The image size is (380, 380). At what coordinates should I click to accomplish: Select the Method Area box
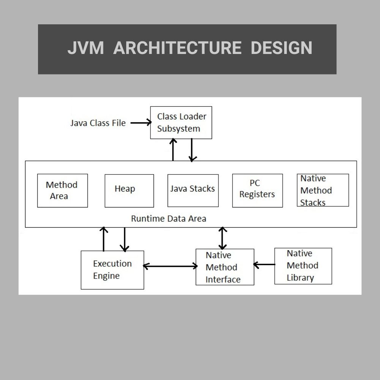click(x=62, y=190)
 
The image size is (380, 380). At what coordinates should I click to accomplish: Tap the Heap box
click(x=129, y=190)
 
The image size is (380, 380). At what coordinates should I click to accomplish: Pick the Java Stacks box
click(x=193, y=190)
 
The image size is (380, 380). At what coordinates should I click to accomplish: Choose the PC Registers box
click(x=257, y=190)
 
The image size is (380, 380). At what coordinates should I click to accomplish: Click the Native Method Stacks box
click(x=323, y=190)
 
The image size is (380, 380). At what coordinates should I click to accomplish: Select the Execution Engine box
click(x=112, y=270)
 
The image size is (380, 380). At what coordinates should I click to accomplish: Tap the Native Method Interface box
click(x=225, y=267)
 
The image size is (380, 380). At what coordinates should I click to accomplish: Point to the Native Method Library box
click(x=303, y=266)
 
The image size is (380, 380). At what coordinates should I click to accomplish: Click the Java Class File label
click(x=98, y=123)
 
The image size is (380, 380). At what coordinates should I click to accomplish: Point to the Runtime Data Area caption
click(x=168, y=219)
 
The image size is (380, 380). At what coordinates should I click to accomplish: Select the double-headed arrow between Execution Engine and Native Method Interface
click(x=170, y=266)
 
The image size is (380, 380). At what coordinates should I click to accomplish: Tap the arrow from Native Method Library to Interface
click(x=264, y=264)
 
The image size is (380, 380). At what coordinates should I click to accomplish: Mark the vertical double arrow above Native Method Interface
click(x=223, y=238)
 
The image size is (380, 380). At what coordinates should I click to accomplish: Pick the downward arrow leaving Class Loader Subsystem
click(x=192, y=150)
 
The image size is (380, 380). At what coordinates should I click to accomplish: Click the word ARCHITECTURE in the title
click(x=177, y=48)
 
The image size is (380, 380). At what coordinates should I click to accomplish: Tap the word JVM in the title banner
click(x=85, y=48)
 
